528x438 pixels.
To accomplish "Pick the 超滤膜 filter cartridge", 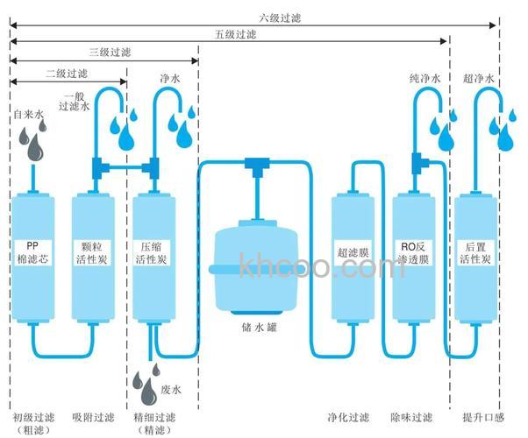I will pyautogui.click(x=353, y=258).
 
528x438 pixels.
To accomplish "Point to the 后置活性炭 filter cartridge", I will pyautogui.click(x=475, y=258).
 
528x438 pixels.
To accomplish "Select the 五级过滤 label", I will pyautogui.click(x=235, y=35).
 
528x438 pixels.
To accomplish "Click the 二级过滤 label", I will pyautogui.click(x=67, y=74).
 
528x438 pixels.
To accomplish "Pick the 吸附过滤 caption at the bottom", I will pyautogui.click(x=93, y=416).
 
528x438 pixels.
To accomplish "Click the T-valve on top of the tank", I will pyautogui.click(x=255, y=163).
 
